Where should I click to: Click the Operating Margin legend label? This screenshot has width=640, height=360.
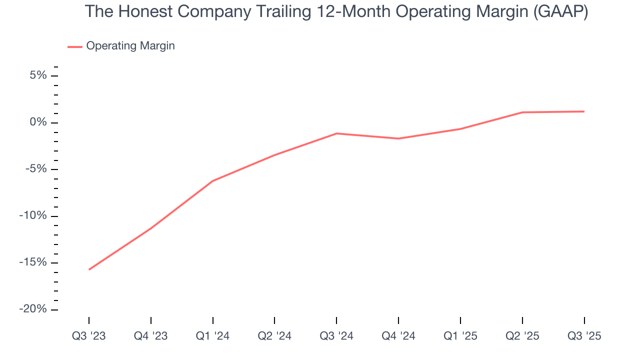tap(130, 46)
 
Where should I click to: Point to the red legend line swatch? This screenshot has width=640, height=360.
tap(75, 46)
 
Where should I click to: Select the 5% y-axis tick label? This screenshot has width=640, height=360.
tap(38, 76)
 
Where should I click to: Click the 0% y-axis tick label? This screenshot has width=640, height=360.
tap(38, 122)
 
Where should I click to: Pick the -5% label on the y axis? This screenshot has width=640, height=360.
tap(36, 169)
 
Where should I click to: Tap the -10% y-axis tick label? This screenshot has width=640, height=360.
tap(33, 216)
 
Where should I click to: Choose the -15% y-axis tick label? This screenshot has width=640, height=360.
tap(33, 262)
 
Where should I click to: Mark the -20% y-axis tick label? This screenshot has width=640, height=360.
tap(33, 309)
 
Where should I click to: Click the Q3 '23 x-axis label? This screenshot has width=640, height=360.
tap(89, 336)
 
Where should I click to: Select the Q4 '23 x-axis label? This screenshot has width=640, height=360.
tap(151, 336)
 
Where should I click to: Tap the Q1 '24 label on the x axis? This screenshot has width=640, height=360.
tap(213, 336)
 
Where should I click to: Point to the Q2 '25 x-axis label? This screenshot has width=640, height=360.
tap(522, 336)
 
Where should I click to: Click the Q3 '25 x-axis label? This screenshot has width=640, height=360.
tap(584, 336)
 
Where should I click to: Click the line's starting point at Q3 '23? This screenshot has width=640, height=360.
tap(89, 269)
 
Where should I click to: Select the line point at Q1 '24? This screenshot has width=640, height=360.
tap(213, 181)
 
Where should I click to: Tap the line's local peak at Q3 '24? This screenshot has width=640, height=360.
tap(336, 133)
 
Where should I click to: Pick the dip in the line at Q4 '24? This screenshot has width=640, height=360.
tap(398, 138)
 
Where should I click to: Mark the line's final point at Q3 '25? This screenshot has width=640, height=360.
tap(584, 111)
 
